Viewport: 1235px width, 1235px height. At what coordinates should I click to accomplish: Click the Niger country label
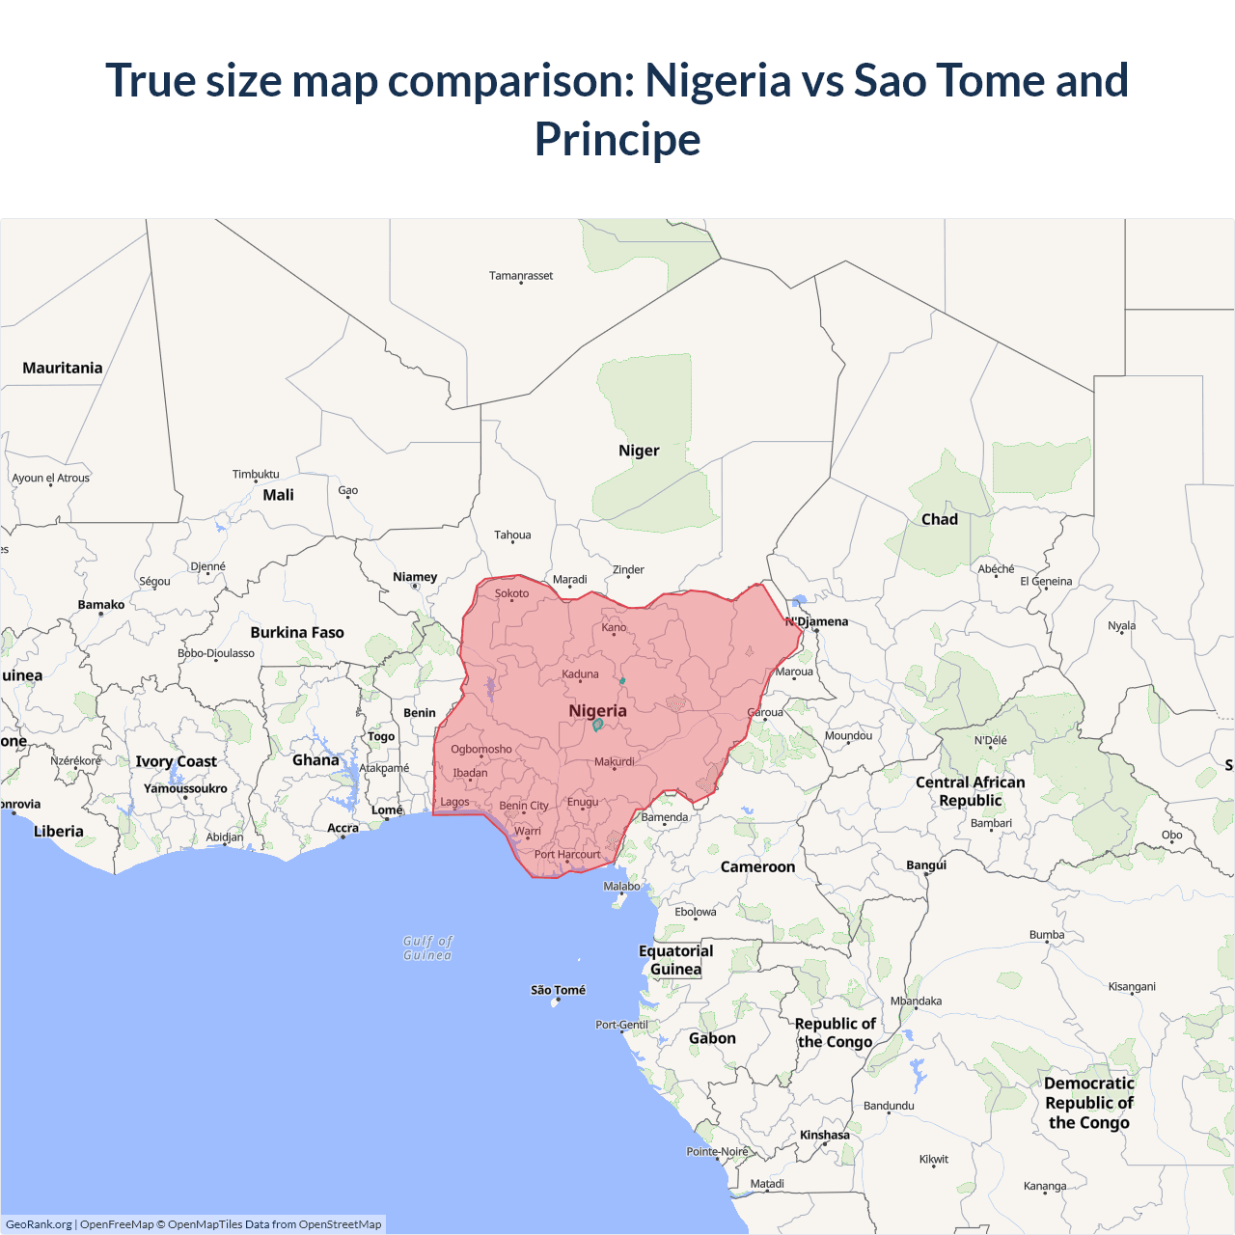tap(639, 451)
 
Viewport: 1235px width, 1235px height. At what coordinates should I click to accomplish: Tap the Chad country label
tap(939, 519)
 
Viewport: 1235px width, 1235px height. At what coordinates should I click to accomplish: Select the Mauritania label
tap(63, 368)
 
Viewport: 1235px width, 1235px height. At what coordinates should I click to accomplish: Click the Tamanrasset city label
tap(521, 276)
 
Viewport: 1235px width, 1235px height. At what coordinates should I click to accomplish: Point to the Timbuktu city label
tap(256, 474)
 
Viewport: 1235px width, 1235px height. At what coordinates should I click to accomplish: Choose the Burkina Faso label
tap(297, 633)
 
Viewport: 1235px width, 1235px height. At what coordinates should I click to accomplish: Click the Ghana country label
tap(316, 760)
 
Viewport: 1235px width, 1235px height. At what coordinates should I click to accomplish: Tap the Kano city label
tap(614, 627)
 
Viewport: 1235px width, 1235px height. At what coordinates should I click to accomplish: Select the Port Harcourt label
tap(567, 854)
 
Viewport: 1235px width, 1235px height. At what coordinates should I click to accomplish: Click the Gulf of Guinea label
tap(427, 947)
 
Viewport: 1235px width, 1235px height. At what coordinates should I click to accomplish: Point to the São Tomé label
tap(558, 990)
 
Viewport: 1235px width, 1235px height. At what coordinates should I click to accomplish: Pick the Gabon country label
tap(712, 1038)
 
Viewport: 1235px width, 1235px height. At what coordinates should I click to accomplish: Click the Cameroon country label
tap(757, 866)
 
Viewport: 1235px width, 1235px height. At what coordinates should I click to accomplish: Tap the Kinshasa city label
tap(824, 1135)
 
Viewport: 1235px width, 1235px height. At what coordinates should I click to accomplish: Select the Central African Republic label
tap(970, 791)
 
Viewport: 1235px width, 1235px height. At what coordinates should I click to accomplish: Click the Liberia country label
tap(59, 831)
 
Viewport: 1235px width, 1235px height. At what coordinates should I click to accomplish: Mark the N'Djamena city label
tap(817, 621)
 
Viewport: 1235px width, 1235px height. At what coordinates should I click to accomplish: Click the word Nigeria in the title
tap(718, 80)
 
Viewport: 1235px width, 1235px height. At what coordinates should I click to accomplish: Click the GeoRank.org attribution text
tap(39, 1224)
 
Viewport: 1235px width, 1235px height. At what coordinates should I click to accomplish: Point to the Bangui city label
tap(926, 864)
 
